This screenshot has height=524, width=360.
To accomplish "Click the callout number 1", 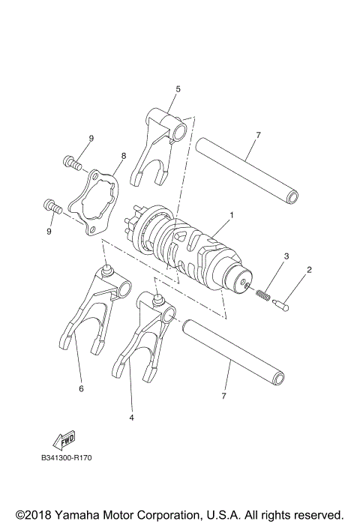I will [232, 216].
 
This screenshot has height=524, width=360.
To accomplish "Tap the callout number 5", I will [178, 88].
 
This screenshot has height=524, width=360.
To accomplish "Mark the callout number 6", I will [80, 389].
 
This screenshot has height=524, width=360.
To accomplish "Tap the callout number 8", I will [124, 156].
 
